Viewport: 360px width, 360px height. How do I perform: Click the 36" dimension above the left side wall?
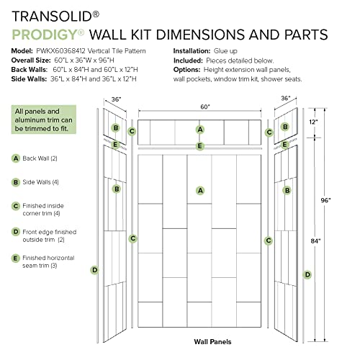coord(116,100)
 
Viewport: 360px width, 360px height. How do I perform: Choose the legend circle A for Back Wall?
coord(16,158)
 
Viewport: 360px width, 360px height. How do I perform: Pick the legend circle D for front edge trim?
coord(16,232)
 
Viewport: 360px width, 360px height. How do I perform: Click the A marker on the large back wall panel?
coord(200,190)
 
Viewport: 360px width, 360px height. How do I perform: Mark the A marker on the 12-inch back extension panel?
coord(200,130)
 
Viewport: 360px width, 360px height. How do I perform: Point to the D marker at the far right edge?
coord(307,274)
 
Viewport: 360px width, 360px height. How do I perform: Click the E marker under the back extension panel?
coord(200,145)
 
